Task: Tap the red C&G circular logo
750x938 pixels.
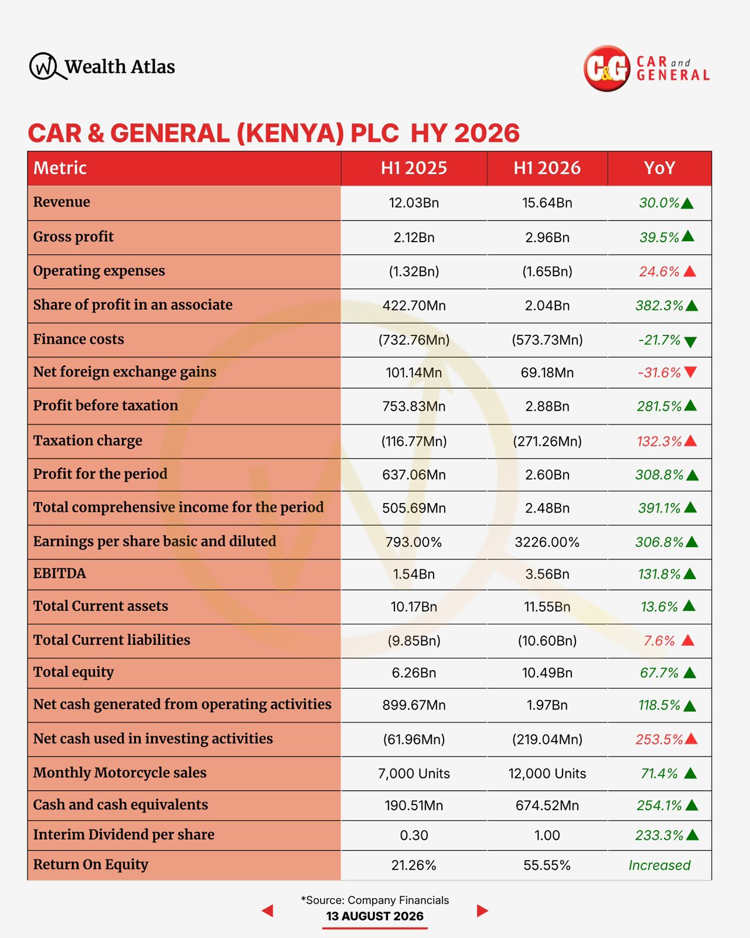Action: coord(606,69)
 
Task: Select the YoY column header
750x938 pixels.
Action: coord(659,168)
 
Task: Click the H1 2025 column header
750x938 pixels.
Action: coord(414,168)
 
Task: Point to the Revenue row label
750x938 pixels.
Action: coord(62,202)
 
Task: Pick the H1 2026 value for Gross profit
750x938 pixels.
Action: coord(547,237)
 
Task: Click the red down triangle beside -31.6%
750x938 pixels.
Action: coord(690,372)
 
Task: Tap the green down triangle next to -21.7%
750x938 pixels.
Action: coord(690,342)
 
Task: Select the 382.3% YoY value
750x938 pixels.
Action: coord(659,305)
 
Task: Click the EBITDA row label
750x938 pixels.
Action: coord(60,573)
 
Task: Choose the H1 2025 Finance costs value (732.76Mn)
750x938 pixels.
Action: coord(414,339)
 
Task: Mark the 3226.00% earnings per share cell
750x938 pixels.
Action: coord(547,542)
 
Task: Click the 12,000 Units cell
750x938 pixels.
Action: coord(547,774)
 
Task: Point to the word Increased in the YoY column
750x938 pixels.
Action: coord(659,865)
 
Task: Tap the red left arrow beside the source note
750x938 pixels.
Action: coord(268,910)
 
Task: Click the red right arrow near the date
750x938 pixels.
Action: coord(482,910)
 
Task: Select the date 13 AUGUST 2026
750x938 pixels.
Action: coord(375,916)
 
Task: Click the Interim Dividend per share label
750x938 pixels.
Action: coord(124,834)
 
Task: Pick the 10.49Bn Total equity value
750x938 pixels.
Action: coord(547,673)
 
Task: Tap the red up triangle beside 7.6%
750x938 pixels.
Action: coord(688,640)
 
